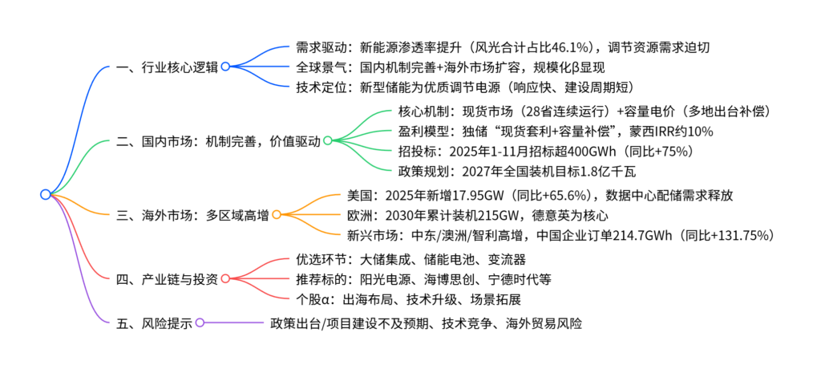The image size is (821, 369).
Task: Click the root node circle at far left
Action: (45, 194)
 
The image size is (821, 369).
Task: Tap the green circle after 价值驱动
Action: (327, 141)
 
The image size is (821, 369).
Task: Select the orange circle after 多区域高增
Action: (276, 215)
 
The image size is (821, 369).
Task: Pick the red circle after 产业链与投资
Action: (225, 279)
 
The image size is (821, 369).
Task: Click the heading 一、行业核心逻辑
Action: (166, 67)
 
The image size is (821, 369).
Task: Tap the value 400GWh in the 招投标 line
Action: (551, 150)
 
